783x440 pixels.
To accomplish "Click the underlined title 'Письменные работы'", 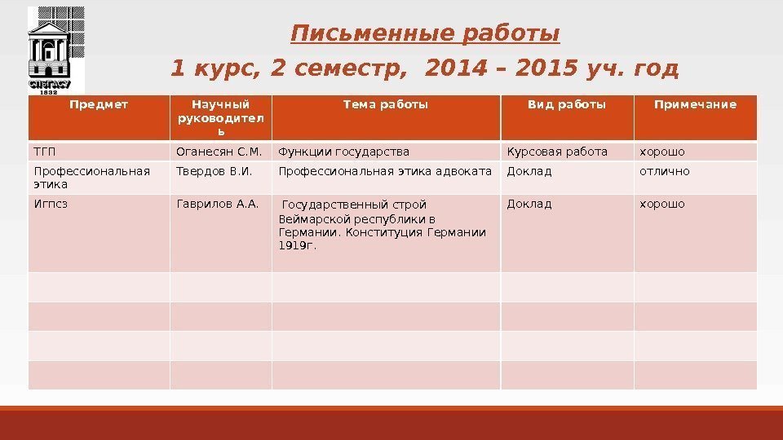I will point(425,34).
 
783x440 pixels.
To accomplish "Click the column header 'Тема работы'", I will point(385,104).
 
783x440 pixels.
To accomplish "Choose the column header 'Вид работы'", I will point(567,104).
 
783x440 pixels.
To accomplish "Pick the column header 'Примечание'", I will point(695,104).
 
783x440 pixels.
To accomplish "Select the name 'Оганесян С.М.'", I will point(219,152).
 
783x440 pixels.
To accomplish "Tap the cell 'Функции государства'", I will point(343,152).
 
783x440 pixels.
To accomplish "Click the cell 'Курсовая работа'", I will point(557,152).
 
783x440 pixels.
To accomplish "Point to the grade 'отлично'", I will point(664,171).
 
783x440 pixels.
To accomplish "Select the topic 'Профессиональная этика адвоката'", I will point(385,171).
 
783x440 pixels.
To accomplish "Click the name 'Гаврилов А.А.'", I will point(217,205).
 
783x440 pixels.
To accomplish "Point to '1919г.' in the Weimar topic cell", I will point(298,245).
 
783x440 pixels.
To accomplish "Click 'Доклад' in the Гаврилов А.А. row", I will point(529,205).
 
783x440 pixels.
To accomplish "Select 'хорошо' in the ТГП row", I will point(662,152).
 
